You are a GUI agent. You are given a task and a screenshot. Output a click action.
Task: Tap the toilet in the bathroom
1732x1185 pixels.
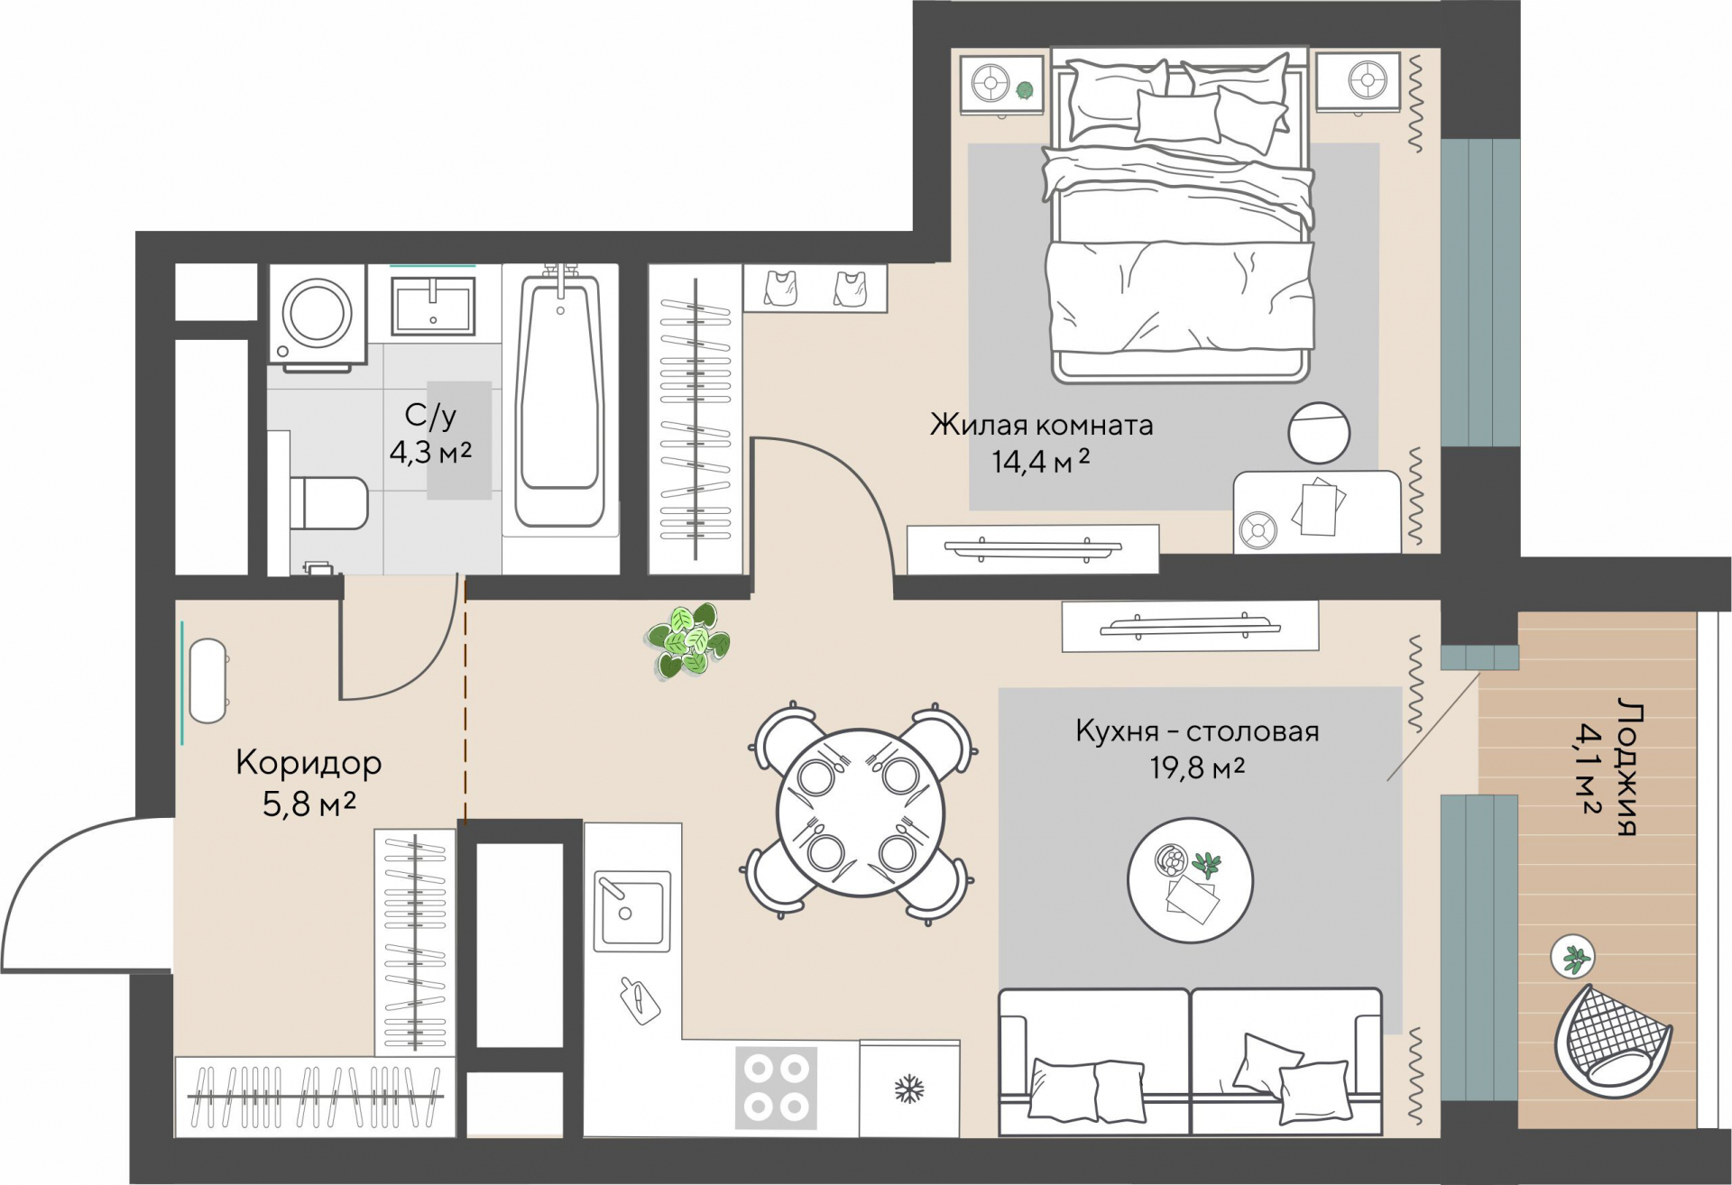point(328,503)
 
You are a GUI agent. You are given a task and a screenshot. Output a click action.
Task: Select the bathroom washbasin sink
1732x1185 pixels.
point(433,305)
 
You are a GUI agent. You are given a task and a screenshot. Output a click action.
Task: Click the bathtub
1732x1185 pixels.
point(560,397)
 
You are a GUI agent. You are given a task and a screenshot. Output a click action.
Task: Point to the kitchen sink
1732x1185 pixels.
point(631,911)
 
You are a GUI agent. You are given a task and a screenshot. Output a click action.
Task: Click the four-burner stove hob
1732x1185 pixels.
point(776,1088)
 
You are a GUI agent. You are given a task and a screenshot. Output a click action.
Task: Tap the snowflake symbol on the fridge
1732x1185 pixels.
point(909,1089)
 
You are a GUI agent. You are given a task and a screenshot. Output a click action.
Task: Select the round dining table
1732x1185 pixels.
point(861,813)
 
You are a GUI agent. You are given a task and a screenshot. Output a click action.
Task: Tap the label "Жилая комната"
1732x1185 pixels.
point(1042,425)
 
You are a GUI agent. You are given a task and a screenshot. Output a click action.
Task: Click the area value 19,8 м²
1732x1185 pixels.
point(1197,768)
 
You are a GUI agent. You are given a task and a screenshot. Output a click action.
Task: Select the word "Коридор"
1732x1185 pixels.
point(309,763)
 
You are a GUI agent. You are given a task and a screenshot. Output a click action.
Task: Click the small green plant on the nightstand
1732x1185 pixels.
point(1024,89)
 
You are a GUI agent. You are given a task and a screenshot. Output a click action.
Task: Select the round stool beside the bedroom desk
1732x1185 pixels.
point(1319,433)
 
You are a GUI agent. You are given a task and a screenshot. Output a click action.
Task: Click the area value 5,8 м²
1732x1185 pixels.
point(309,803)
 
